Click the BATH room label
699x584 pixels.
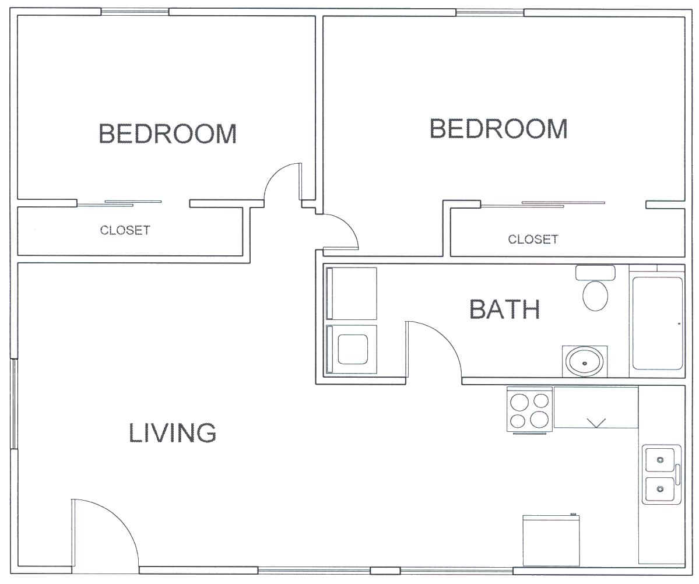[x=505, y=309]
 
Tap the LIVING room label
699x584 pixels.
[x=173, y=432]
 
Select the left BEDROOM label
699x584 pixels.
[x=167, y=133]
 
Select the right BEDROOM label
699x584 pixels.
[x=498, y=128]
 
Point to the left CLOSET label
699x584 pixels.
[x=125, y=230]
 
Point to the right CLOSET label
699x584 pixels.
[x=533, y=240]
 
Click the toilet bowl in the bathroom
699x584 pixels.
[x=596, y=295]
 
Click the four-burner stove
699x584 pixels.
[x=529, y=409]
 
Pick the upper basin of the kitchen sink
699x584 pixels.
[x=660, y=460]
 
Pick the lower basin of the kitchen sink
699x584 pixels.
[x=660, y=488]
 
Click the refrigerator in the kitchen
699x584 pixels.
[x=551, y=541]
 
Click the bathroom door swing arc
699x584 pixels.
[x=444, y=339]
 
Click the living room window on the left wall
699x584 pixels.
[x=14, y=403]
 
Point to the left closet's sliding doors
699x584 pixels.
[x=119, y=204]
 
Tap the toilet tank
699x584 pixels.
[x=595, y=273]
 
